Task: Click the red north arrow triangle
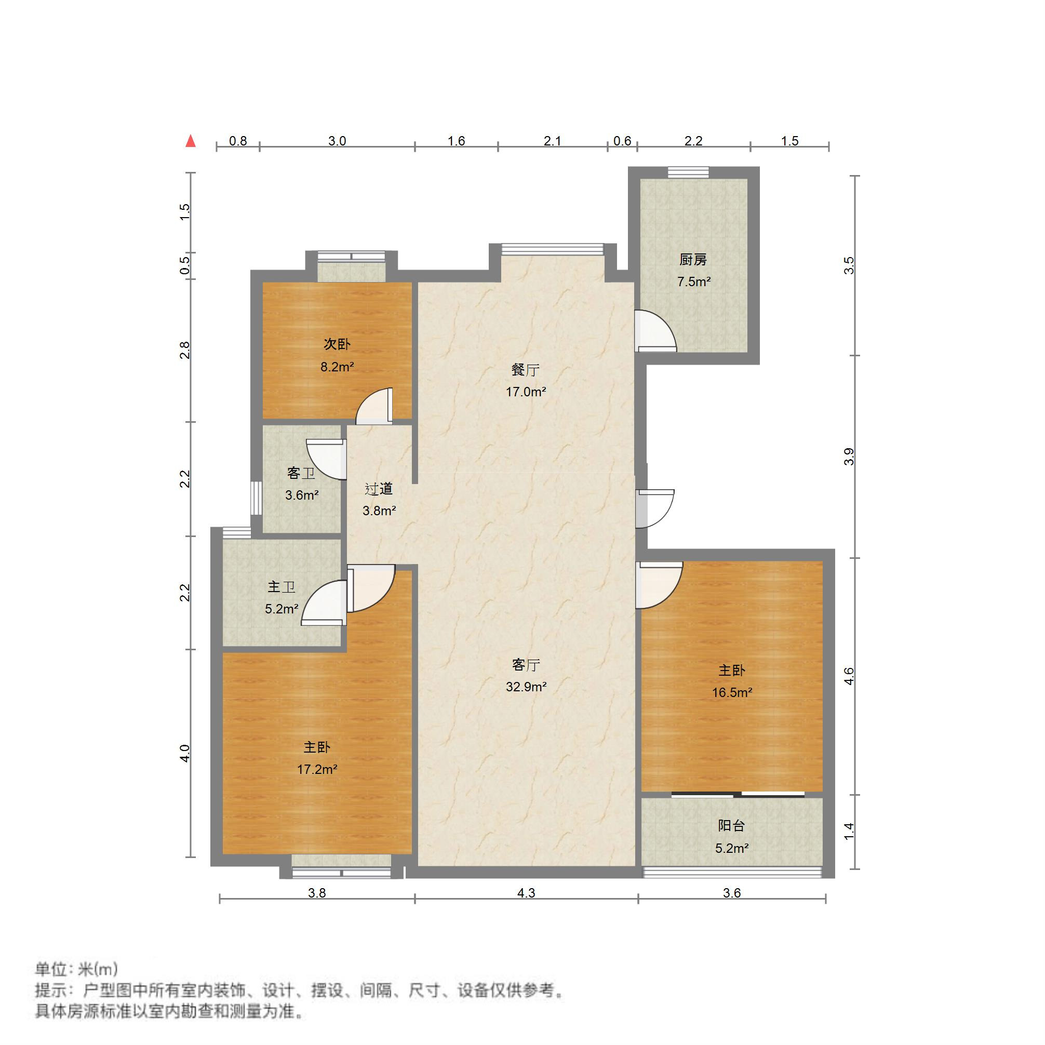click(191, 141)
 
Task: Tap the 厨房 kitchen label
click(693, 260)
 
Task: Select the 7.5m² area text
click(693, 282)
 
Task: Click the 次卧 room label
click(337, 344)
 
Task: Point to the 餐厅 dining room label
click(525, 370)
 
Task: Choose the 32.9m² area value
click(526, 687)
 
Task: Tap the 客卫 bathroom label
click(301, 473)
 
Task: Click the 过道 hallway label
click(379, 489)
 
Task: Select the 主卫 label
click(282, 587)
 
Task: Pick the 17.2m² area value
click(317, 769)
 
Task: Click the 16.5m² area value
click(732, 693)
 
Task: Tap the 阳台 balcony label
click(732, 825)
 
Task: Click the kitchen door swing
click(655, 330)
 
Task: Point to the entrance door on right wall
click(655, 508)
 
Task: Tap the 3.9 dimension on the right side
click(849, 457)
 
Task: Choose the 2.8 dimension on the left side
click(185, 350)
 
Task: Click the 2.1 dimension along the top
click(552, 141)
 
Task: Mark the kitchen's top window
click(688, 172)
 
